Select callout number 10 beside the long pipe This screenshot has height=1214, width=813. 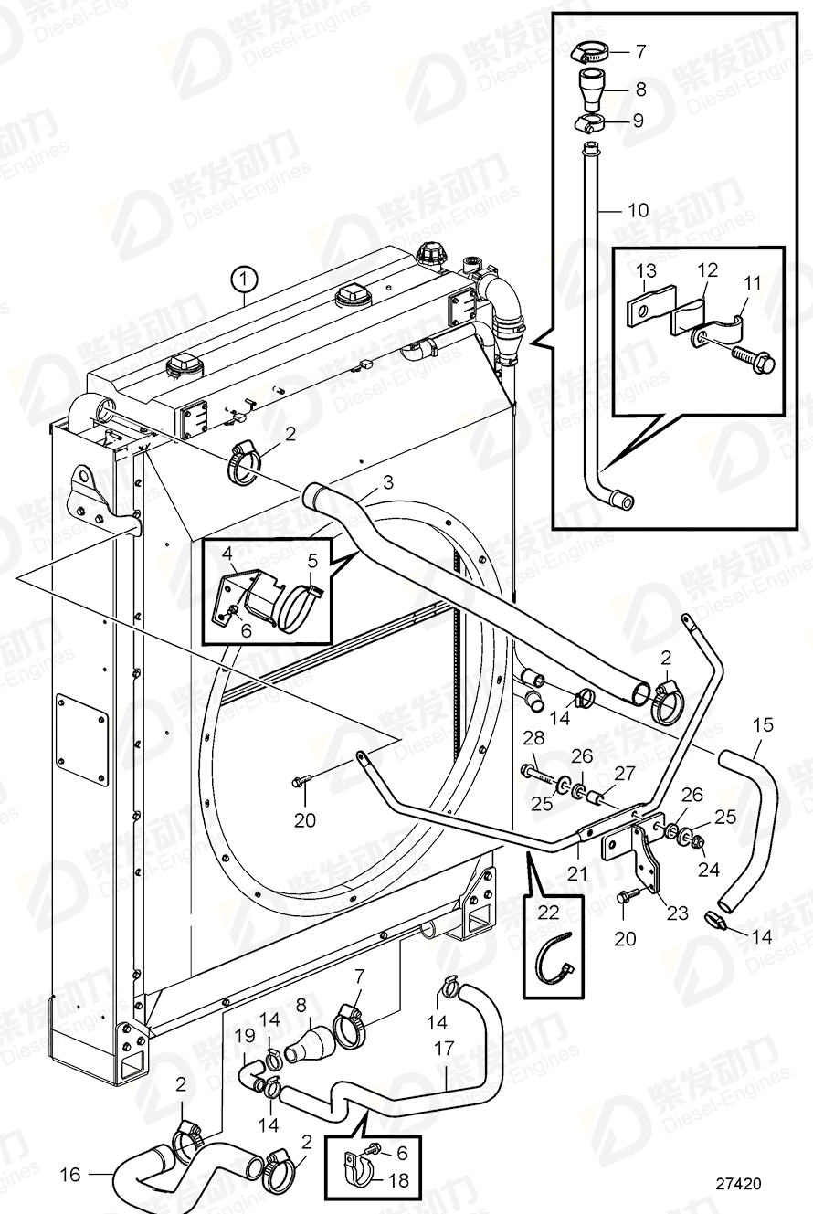[638, 211]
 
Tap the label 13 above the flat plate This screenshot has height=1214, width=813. [646, 270]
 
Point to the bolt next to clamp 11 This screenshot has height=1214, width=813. [755, 362]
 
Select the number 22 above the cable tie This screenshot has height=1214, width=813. [546, 912]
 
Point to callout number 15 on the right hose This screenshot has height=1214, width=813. [763, 725]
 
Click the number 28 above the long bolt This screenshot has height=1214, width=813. [533, 738]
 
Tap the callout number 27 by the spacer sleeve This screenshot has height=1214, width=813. [623, 773]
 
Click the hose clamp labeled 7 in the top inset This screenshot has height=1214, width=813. [586, 52]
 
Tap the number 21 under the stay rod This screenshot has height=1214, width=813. [576, 874]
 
